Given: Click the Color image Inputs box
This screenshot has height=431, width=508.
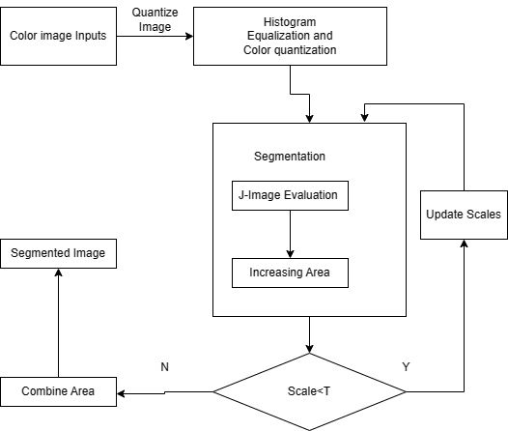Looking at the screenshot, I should [x=58, y=37].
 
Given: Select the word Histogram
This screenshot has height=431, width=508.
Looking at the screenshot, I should [x=290, y=22].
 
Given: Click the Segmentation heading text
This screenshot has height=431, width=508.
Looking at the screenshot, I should [x=290, y=157].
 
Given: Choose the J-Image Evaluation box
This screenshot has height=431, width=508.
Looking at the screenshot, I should [x=290, y=195].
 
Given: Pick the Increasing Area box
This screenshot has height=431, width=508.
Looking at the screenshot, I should [x=290, y=273].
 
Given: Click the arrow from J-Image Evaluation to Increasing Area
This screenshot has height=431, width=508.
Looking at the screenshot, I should [x=290, y=232].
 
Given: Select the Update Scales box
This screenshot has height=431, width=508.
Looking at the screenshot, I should [x=464, y=215].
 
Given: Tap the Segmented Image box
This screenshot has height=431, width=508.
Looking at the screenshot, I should [x=58, y=254].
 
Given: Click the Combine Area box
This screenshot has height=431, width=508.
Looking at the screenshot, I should [x=58, y=392].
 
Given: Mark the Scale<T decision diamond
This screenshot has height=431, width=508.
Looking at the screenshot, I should [x=309, y=392].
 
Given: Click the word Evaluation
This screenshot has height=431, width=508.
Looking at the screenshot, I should [x=310, y=195].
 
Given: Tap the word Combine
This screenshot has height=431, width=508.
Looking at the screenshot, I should [x=44, y=392].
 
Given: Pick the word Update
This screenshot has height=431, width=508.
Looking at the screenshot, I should [x=445, y=215].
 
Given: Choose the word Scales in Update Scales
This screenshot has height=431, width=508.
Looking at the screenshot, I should [x=484, y=215].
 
